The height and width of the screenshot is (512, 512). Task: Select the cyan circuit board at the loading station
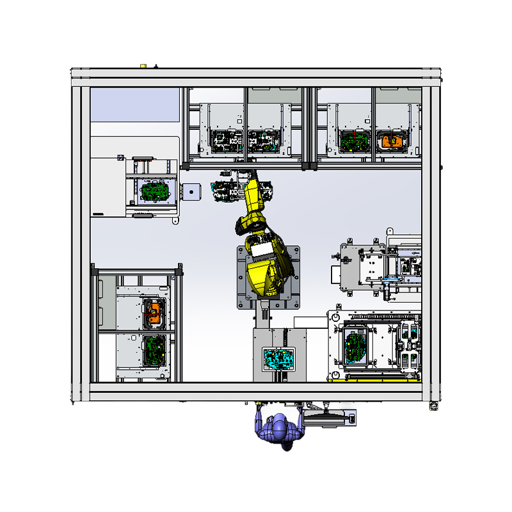point(278,358)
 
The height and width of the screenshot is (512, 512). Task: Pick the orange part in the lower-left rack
point(154,314)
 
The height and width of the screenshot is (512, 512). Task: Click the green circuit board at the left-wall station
point(154,191)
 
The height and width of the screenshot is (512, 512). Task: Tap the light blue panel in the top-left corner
point(134,104)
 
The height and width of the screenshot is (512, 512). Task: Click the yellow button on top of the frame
point(143,65)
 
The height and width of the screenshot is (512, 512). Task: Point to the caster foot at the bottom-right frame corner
point(433,406)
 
